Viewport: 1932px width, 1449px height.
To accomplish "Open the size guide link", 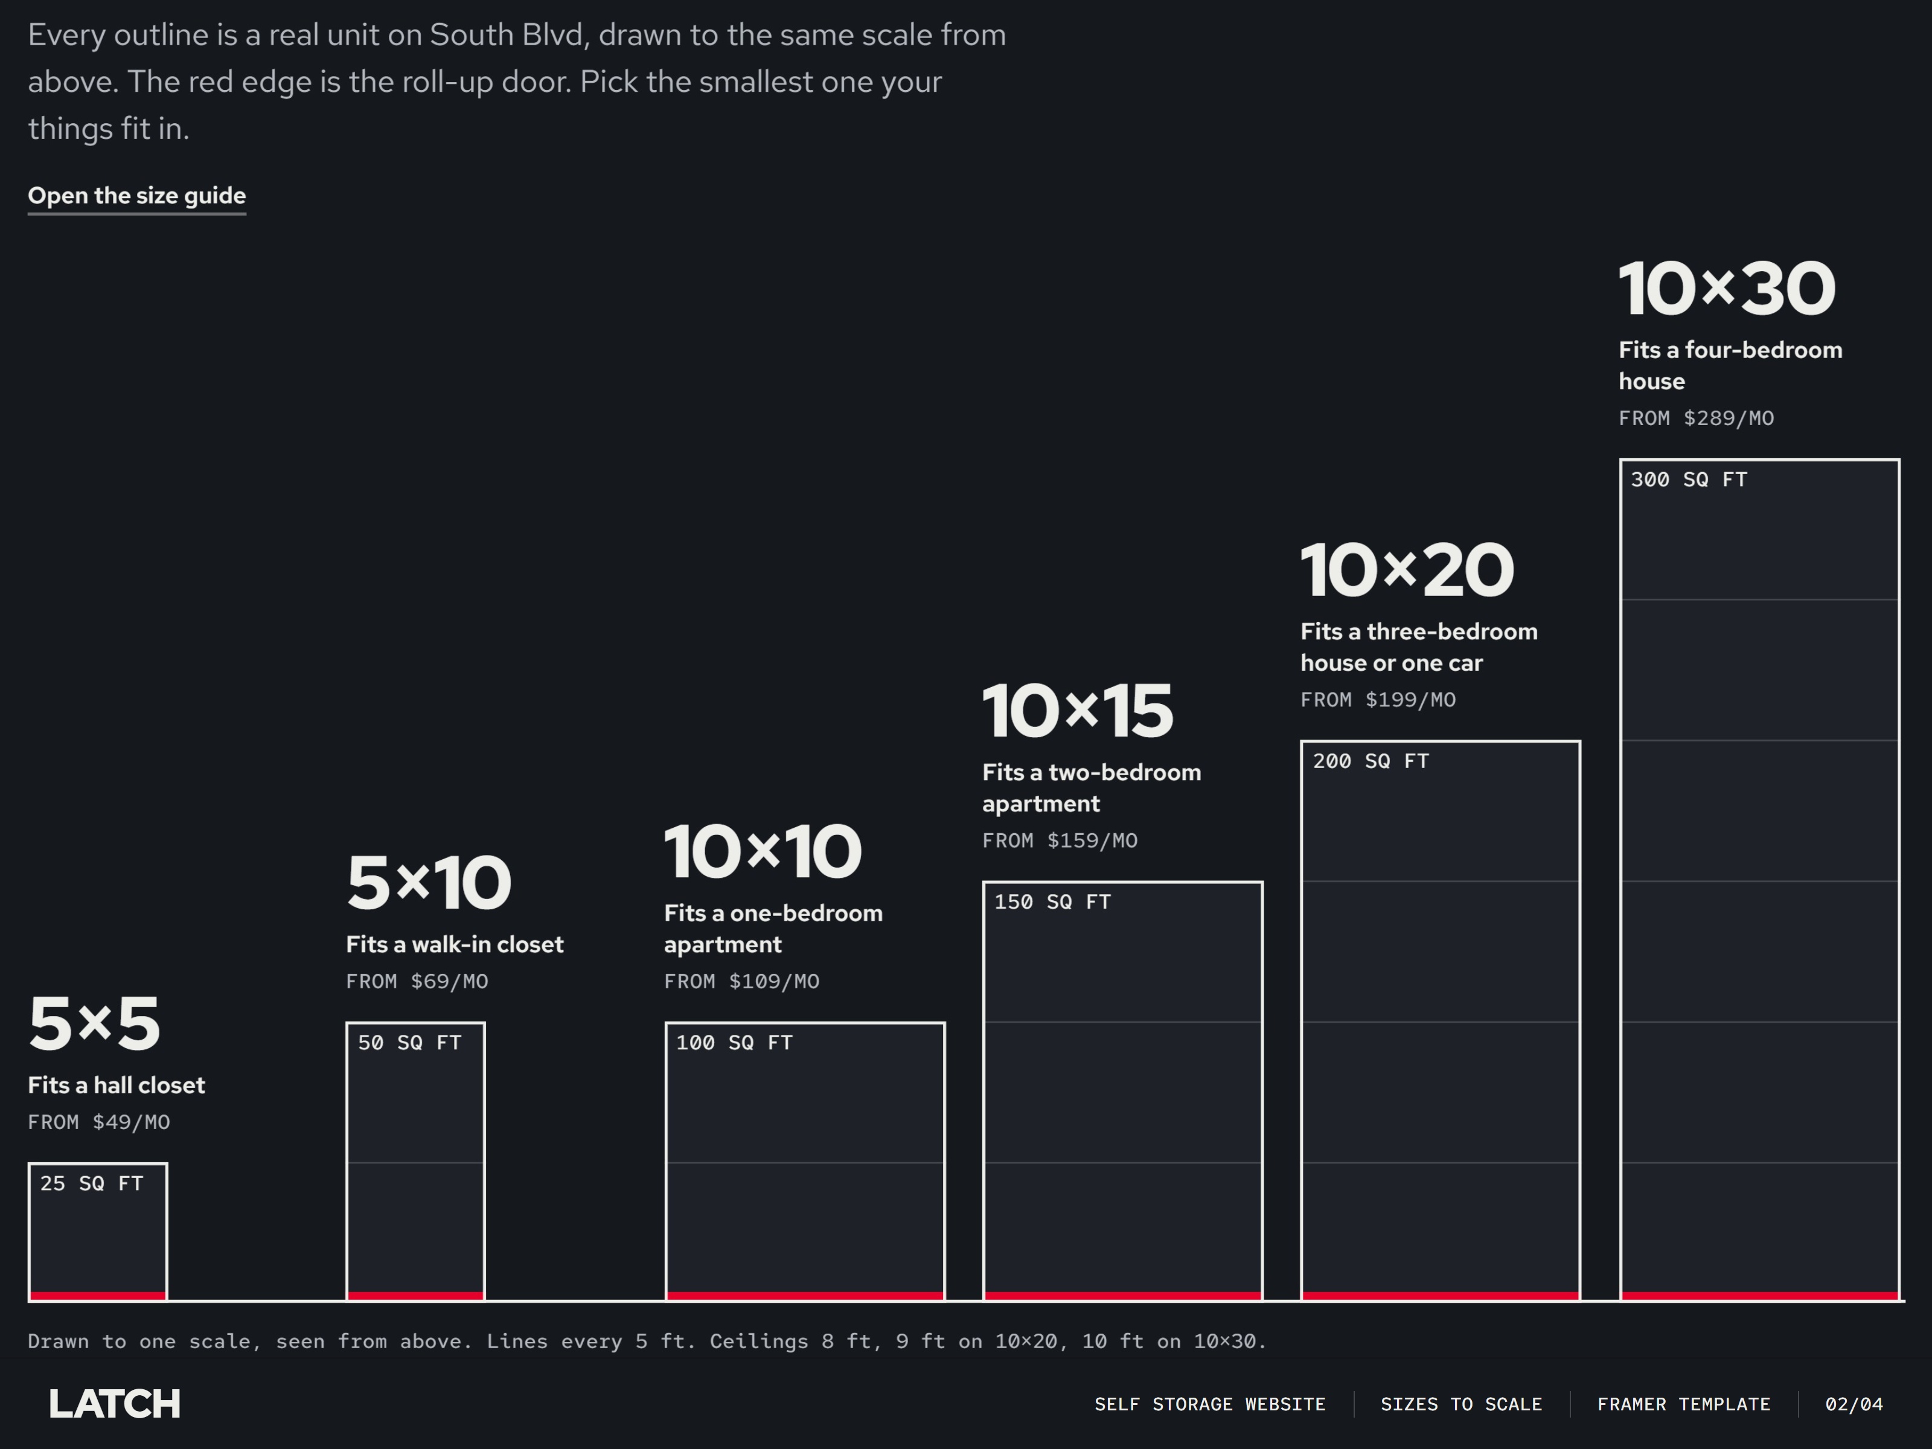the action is pyautogui.click(x=137, y=196).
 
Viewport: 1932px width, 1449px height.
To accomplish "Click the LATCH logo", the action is pyautogui.click(x=115, y=1404).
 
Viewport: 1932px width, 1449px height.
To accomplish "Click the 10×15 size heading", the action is pyautogui.click(x=1078, y=711).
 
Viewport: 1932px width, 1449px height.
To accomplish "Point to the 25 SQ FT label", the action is pyautogui.click(x=92, y=1183).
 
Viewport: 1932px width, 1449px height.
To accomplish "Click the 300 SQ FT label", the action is pyautogui.click(x=1689, y=479).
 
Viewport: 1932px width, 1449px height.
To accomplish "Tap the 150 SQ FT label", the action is pyautogui.click(x=1052, y=901).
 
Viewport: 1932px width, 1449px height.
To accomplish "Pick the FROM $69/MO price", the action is pyautogui.click(x=417, y=981).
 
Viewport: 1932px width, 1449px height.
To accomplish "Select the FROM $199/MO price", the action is pyautogui.click(x=1377, y=700).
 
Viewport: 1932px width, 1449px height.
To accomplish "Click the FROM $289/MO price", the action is pyautogui.click(x=1696, y=418).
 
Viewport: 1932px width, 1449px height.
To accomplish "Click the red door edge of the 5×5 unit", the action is pyautogui.click(x=98, y=1295).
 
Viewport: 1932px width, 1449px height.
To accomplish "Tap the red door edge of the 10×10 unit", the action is pyautogui.click(x=805, y=1295).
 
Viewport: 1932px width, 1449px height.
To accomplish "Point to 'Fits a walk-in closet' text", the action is pyautogui.click(x=455, y=944).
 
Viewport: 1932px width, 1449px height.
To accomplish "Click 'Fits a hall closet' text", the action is pyautogui.click(x=116, y=1085).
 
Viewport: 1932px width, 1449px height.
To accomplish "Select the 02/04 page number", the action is pyautogui.click(x=1854, y=1404).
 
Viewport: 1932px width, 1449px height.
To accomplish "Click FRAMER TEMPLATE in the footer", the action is pyautogui.click(x=1684, y=1404).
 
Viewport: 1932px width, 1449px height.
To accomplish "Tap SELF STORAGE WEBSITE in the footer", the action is pyautogui.click(x=1210, y=1404).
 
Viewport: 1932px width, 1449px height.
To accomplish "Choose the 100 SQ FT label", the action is pyautogui.click(x=735, y=1042).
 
